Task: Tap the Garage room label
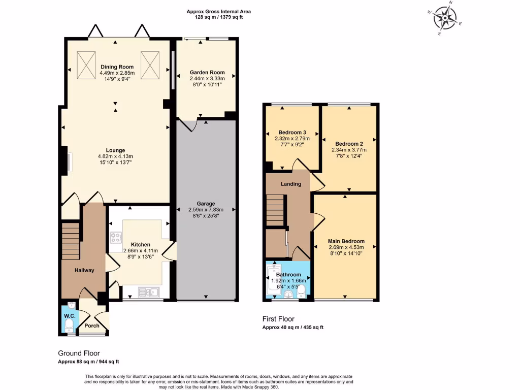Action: pos(206,204)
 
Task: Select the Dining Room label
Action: pos(117,67)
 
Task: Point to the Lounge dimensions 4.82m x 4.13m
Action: pos(116,156)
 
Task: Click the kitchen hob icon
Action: pos(116,237)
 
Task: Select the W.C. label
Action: pos(70,316)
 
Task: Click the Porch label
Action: pos(92,326)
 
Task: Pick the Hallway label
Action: pos(84,270)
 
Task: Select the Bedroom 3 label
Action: pos(291,132)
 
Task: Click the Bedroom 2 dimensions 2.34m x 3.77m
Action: pos(349,150)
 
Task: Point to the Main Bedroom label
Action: pos(346,241)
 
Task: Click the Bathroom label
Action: pos(288,275)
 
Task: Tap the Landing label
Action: pos(290,184)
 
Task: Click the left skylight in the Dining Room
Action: pos(86,65)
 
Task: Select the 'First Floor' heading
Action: pos(278,319)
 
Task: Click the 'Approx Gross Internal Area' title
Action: pos(218,11)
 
